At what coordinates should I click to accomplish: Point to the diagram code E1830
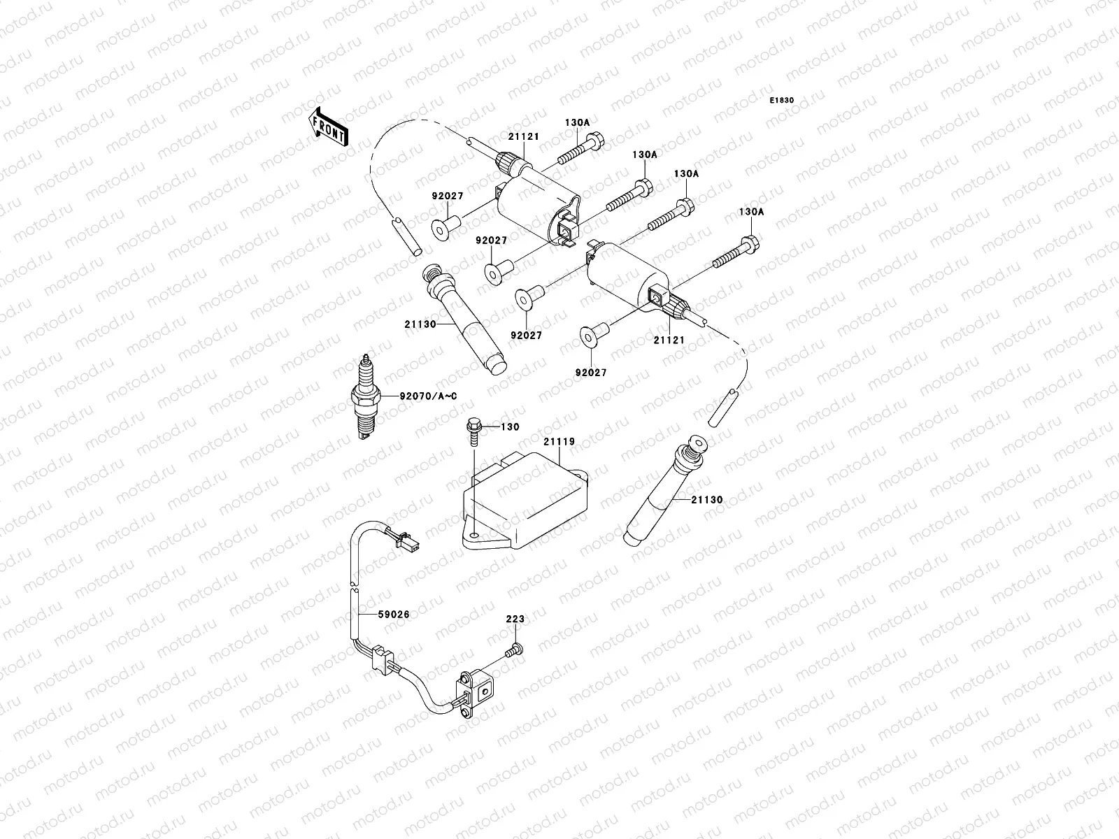pos(782,101)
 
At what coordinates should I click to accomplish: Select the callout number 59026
pos(393,615)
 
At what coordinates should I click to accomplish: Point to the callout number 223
pos(515,619)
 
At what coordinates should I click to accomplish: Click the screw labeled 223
pos(514,651)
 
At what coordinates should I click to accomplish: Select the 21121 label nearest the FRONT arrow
pos(523,137)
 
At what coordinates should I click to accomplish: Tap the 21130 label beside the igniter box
pos(706,500)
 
